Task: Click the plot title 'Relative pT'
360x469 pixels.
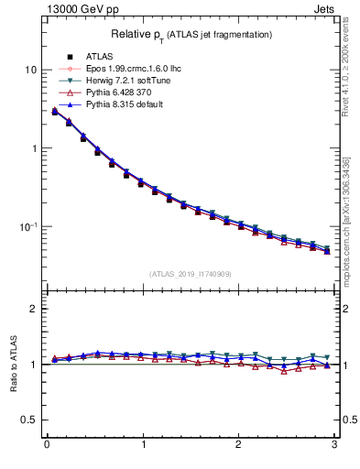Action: coord(191,35)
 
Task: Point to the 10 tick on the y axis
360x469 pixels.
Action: coord(30,70)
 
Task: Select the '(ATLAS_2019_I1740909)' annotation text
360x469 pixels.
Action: coord(191,273)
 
